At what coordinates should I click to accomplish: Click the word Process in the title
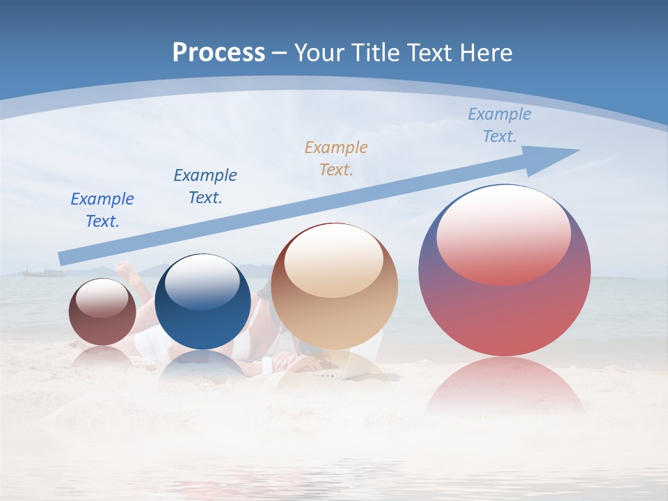point(218,52)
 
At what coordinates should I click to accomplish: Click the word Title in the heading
point(375,52)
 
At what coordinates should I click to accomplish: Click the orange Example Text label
point(336,158)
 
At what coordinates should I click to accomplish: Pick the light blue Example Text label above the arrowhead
point(500,125)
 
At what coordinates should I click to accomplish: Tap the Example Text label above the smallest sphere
point(102,209)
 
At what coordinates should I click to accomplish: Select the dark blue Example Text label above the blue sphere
point(205,186)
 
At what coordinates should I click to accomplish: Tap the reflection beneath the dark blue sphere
point(202,365)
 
